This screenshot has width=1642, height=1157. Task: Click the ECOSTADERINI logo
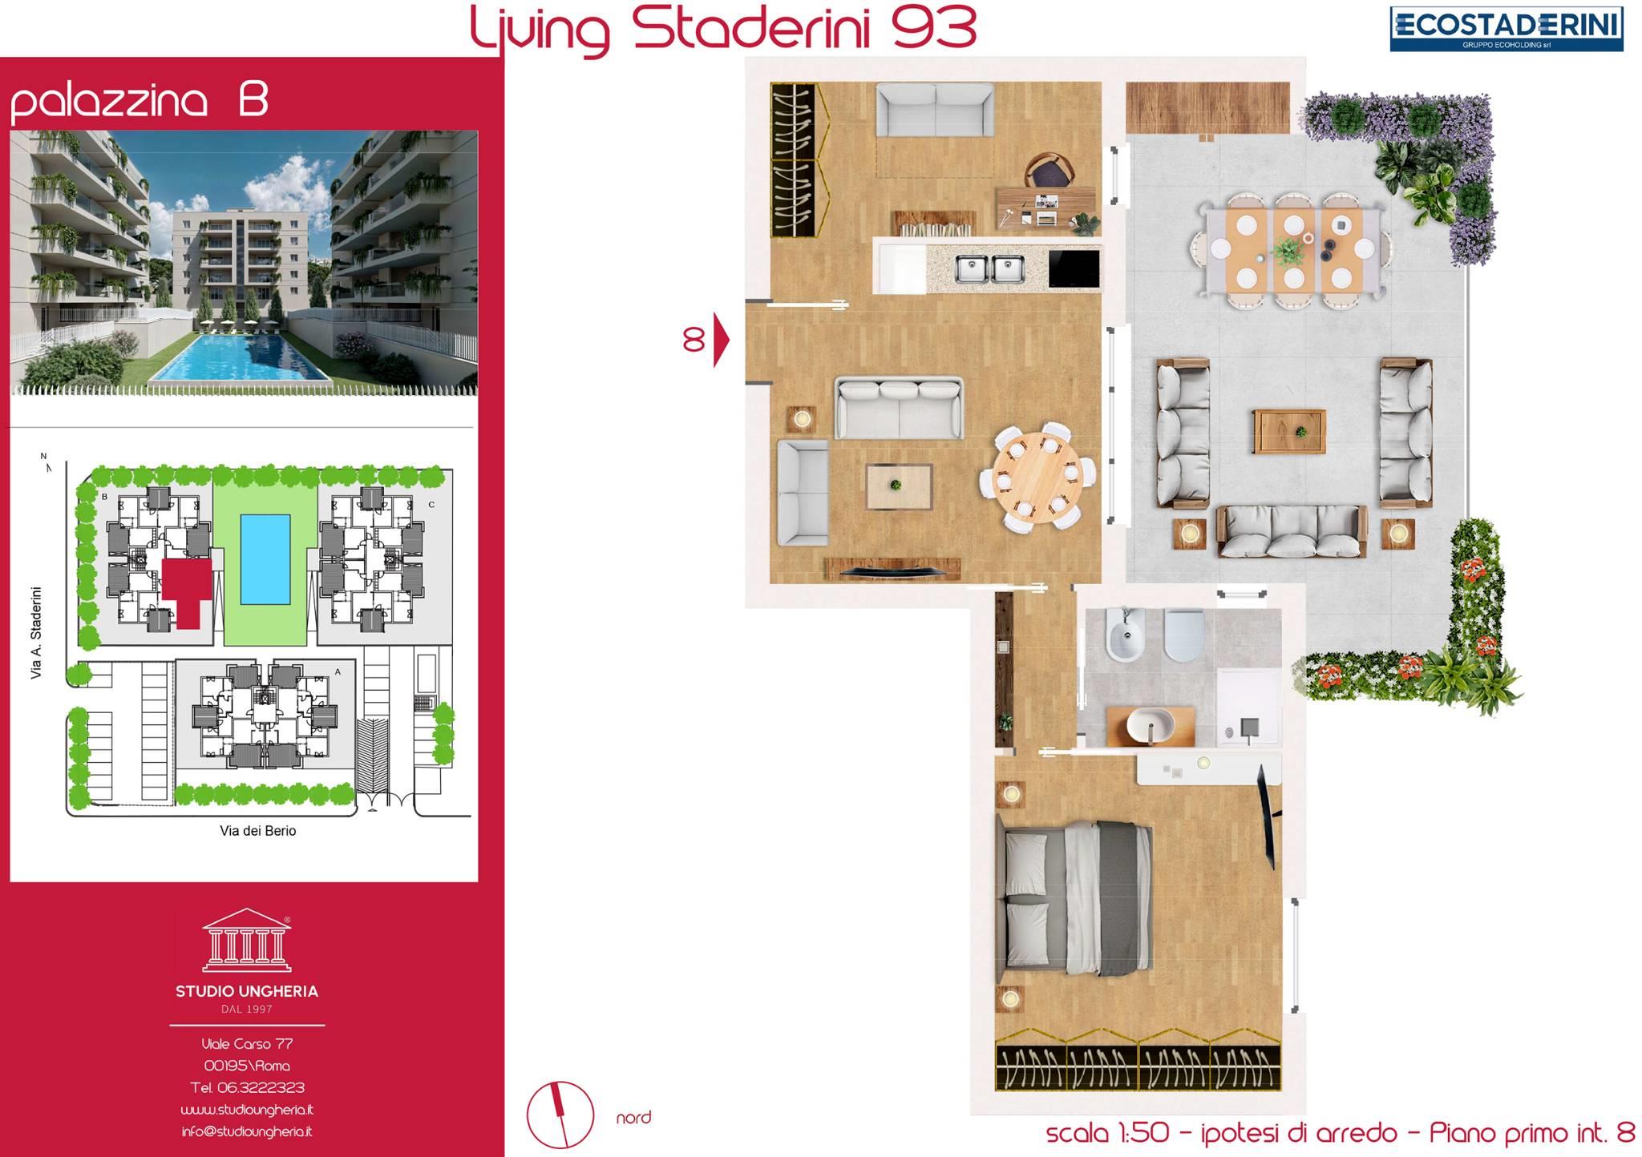(x=1507, y=29)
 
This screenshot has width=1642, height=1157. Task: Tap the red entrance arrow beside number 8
(x=722, y=341)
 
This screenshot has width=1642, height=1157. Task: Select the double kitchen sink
(x=989, y=269)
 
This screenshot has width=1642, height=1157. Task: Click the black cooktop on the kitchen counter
(x=1074, y=268)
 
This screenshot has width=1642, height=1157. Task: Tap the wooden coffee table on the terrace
(x=1289, y=432)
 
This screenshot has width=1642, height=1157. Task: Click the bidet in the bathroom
(x=1126, y=636)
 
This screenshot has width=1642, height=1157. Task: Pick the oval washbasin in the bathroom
(x=1150, y=725)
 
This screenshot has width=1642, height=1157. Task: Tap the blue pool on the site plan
(x=265, y=559)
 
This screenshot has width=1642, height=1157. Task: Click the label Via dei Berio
(x=258, y=831)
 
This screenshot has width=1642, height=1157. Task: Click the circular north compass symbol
(x=560, y=1115)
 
